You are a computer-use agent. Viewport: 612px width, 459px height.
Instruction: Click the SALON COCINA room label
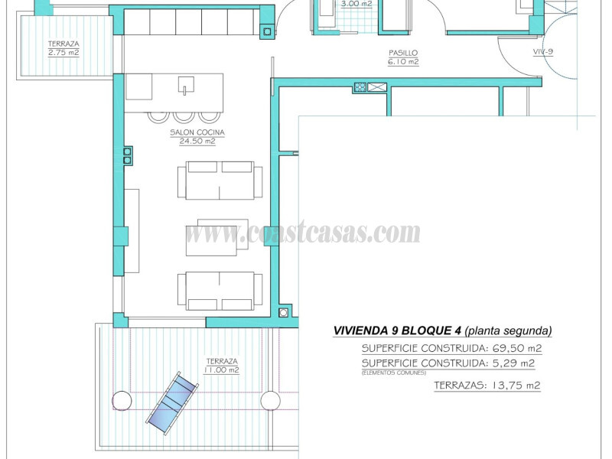193,132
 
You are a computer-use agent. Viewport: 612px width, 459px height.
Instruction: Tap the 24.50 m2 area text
193,142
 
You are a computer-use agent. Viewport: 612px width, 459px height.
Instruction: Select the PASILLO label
402,54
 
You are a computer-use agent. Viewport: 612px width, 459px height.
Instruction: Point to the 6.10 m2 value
402,63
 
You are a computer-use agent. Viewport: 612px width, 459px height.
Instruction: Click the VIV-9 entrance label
544,52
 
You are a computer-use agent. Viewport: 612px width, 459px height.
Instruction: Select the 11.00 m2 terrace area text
222,370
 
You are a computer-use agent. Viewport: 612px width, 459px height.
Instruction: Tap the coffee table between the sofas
216,237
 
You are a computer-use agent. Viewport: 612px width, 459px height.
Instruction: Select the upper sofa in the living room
220,180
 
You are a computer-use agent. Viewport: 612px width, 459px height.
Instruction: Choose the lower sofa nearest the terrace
220,291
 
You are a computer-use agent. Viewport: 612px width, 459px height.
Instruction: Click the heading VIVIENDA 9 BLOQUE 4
397,331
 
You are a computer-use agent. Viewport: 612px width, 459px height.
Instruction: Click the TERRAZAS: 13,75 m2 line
487,386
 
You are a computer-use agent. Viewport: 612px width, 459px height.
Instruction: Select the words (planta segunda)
509,331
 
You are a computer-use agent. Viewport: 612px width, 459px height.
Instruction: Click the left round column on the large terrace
122,400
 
